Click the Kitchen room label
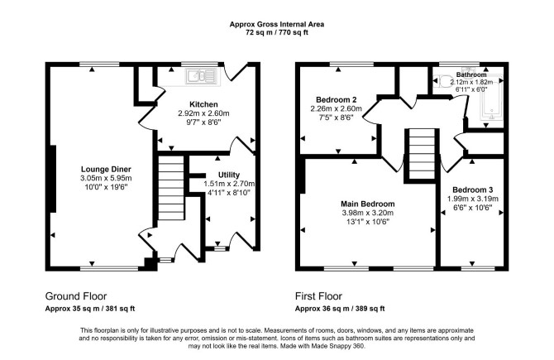pos(203,104)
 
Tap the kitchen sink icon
pos(201,75)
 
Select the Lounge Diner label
pos(106,169)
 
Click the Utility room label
pos(228,175)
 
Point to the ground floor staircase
pos(171,187)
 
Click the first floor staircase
pos(422,154)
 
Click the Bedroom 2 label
pos(336,99)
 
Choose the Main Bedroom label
pos(367,204)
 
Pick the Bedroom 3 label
pos(472,190)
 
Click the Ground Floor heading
pos(76,296)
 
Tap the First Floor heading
pos(318,296)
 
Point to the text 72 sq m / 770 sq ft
pos(277,32)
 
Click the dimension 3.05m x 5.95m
pos(106,178)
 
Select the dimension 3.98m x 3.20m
pos(367,213)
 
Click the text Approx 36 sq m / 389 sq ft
pos(340,309)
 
